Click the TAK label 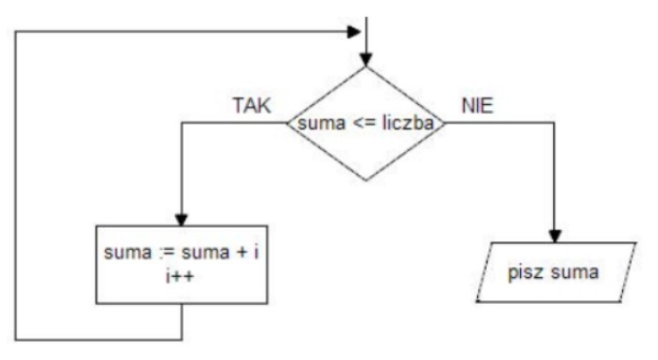coord(252,106)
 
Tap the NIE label coord(478,106)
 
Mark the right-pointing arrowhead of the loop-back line coord(354,31)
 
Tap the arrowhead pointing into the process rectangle coord(181,219)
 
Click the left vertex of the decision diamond coord(287,123)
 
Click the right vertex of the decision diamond coord(447,123)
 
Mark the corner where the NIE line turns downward coord(555,123)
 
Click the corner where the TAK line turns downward coord(181,123)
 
